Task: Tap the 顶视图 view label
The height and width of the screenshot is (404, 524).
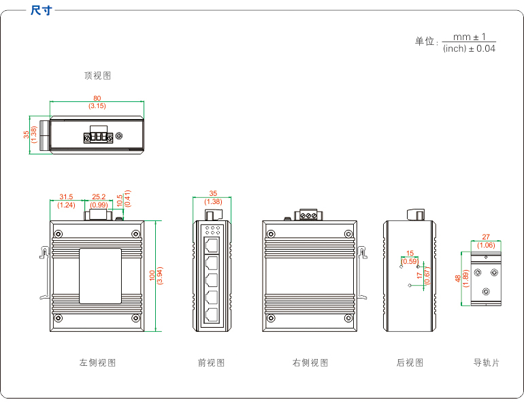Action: (x=97, y=76)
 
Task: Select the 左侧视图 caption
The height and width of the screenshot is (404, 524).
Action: (x=97, y=363)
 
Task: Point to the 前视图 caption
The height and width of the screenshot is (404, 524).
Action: (x=211, y=363)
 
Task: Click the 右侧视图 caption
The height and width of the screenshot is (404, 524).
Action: (x=310, y=363)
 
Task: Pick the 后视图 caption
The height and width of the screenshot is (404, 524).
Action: (x=410, y=363)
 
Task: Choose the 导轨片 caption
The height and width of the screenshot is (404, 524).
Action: (x=487, y=363)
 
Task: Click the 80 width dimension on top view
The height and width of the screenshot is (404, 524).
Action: (x=97, y=99)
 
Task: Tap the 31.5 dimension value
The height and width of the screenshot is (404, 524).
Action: (x=66, y=197)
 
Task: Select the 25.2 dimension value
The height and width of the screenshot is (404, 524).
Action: (x=99, y=197)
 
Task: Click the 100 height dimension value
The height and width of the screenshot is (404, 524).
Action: (x=152, y=276)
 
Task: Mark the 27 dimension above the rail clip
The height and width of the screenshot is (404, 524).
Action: (x=486, y=237)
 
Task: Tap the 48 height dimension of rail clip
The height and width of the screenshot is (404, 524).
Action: (x=457, y=279)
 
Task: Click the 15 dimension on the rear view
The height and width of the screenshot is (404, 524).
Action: (x=410, y=254)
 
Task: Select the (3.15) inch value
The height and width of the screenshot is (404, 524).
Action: (x=97, y=106)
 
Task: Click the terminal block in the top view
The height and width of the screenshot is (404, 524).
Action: (x=97, y=137)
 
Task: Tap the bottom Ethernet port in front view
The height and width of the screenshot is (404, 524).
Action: (x=212, y=314)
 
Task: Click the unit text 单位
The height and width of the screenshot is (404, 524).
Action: (x=425, y=41)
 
